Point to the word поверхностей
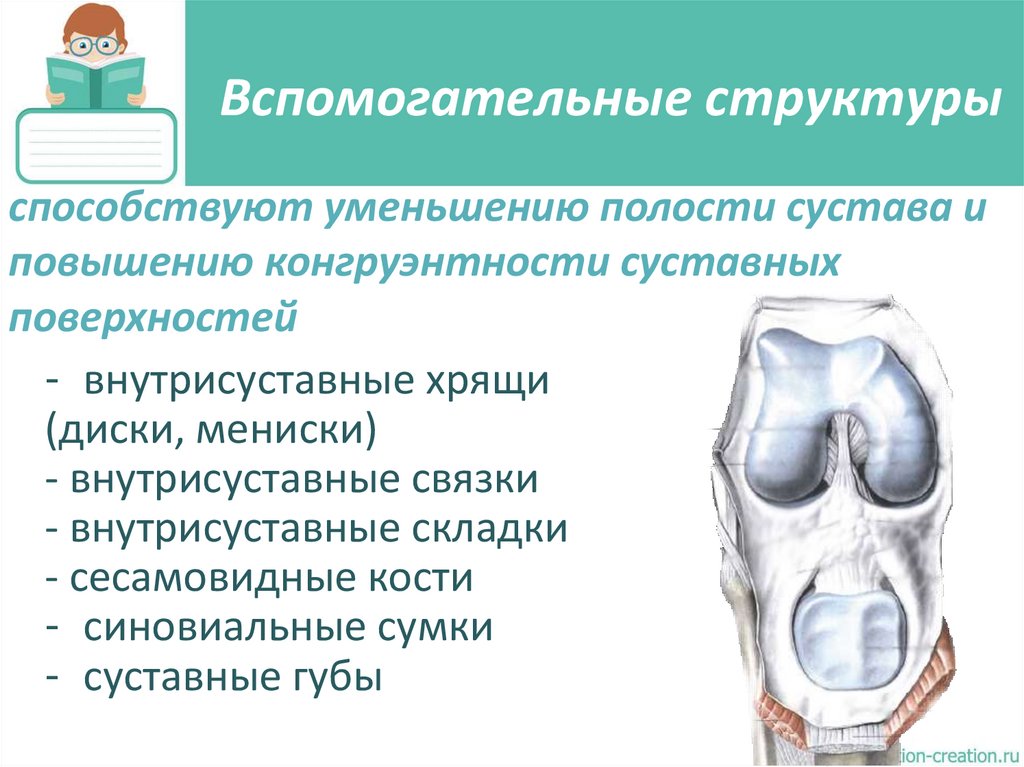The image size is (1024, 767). pos(154,317)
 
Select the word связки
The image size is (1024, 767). pos(475,481)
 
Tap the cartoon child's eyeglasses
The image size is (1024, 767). pos(94,45)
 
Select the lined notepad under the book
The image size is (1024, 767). pos(96,145)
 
